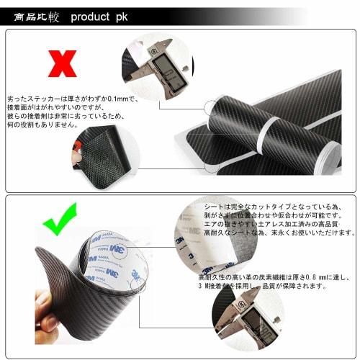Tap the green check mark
click(x=63, y=224)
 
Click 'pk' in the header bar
click(x=122, y=17)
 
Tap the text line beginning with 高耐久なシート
click(x=277, y=233)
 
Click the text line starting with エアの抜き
click(x=274, y=224)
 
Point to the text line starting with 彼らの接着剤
click(x=65, y=115)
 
